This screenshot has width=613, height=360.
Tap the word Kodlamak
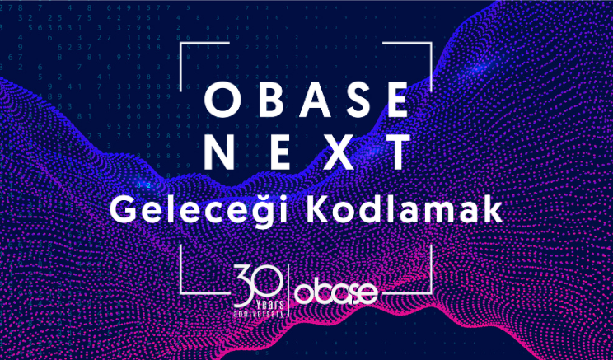click(404, 212)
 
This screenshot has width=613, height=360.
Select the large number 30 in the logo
click(258, 283)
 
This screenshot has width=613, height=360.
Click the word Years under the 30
click(269, 304)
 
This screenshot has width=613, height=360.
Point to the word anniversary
click(258, 314)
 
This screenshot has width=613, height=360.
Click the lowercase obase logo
click(336, 292)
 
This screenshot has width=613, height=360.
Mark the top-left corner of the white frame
click(180, 43)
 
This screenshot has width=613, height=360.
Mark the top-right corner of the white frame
click(431, 43)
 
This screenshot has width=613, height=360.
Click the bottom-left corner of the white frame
click(180, 292)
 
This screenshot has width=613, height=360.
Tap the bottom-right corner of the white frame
click(431, 292)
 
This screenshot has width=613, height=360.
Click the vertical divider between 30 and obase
click(288, 291)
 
